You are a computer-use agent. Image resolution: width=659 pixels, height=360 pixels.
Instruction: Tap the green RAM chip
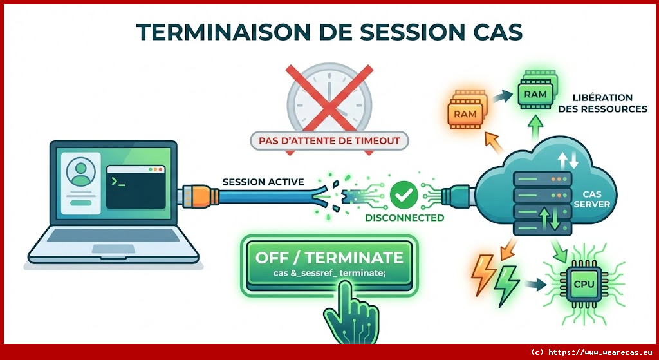[x=536, y=93]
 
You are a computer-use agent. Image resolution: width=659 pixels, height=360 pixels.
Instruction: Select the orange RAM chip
[x=467, y=110]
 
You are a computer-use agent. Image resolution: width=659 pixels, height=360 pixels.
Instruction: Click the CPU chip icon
[x=585, y=284]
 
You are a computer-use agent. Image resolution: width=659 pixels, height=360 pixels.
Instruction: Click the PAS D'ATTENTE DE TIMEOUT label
[x=329, y=140]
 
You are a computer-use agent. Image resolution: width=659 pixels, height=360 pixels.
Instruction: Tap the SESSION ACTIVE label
[x=263, y=182]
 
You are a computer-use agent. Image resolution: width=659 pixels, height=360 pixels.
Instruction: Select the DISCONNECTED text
[x=404, y=218]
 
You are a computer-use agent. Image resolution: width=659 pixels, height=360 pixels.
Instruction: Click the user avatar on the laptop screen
[x=80, y=171]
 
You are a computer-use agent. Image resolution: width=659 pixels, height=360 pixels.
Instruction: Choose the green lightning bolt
[x=506, y=287]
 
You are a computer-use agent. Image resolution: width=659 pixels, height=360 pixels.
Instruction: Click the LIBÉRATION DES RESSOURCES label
[x=609, y=104]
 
